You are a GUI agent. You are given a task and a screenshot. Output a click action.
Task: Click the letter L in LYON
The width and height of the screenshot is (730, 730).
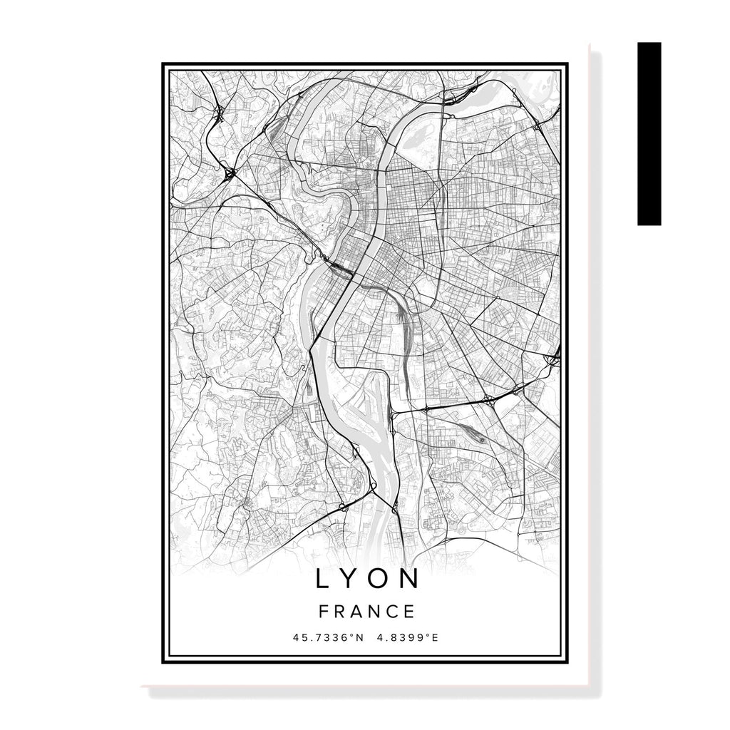pos(322,579)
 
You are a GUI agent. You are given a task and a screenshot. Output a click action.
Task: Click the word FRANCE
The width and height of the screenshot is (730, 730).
pos(366,612)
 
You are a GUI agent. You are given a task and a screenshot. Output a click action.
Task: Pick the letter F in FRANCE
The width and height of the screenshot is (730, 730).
pos(324,612)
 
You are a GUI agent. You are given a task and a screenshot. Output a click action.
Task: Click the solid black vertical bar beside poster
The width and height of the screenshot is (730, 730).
pos(649,133)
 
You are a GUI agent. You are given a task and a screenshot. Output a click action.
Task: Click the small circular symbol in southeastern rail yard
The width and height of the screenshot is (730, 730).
pos(483,440)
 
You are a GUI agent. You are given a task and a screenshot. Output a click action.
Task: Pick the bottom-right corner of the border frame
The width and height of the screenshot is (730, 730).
pos(568,662)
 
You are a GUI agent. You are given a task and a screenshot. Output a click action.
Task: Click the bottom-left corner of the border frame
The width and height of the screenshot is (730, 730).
pos(163,662)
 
